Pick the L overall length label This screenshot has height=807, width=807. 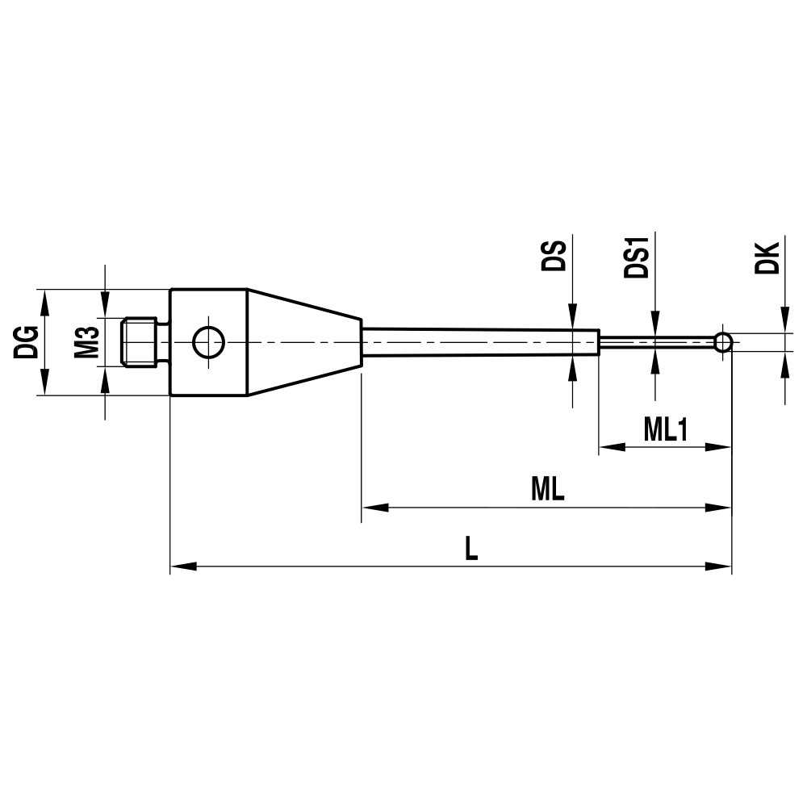click(x=471, y=550)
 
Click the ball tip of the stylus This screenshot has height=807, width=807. click(x=723, y=343)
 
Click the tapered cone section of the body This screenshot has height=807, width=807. click(x=303, y=343)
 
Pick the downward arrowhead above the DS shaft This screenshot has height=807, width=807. click(x=573, y=316)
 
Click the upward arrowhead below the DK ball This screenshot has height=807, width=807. click(x=784, y=365)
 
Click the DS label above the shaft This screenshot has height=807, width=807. click(x=554, y=257)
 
